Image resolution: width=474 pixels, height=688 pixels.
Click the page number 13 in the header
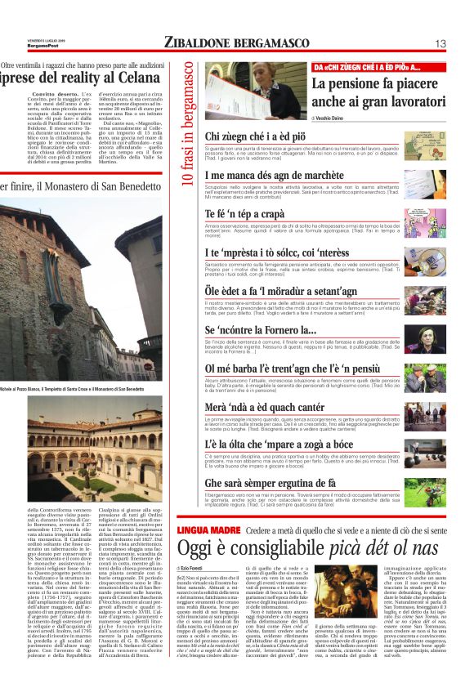(x=440, y=42)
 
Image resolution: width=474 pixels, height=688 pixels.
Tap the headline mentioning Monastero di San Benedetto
(x=82, y=186)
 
